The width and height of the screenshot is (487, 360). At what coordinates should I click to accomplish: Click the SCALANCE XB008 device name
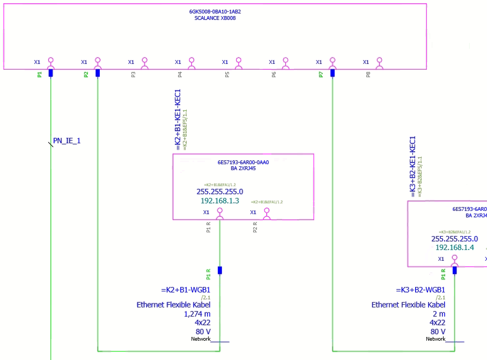click(x=215, y=18)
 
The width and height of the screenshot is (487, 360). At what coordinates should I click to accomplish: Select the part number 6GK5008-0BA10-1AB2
click(x=215, y=11)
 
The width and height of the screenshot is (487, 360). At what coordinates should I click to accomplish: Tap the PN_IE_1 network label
click(x=67, y=141)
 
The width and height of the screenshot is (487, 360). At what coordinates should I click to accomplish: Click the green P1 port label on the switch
click(x=39, y=75)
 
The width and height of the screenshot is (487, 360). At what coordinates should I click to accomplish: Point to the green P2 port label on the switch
click(x=86, y=75)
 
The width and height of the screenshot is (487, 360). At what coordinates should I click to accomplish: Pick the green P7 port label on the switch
click(x=321, y=75)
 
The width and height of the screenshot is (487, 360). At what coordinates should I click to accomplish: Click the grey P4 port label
click(x=180, y=75)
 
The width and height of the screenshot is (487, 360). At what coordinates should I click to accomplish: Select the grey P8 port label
click(x=368, y=75)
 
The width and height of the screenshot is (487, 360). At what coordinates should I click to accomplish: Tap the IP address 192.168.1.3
click(x=219, y=201)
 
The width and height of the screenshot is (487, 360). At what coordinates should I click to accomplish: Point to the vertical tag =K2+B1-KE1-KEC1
click(x=178, y=119)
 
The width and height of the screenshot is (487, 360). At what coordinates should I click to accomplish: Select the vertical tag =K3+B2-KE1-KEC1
click(x=413, y=166)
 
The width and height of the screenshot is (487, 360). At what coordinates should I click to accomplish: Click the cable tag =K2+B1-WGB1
click(x=189, y=290)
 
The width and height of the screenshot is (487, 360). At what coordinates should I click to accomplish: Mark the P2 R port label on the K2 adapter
click(x=255, y=227)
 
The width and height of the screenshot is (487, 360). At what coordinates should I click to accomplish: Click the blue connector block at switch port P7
click(x=333, y=73)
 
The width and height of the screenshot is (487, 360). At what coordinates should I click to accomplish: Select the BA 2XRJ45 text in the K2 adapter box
click(x=243, y=168)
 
